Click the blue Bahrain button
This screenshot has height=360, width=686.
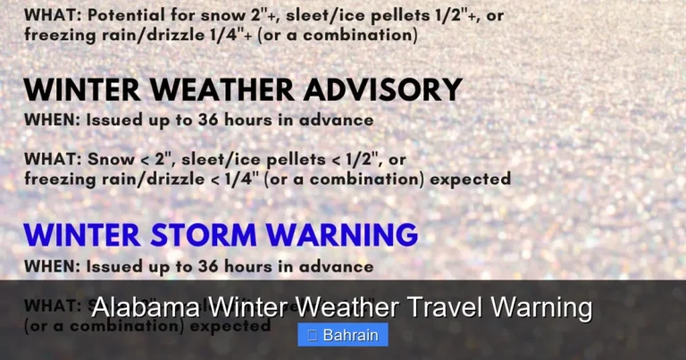[343, 335]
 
